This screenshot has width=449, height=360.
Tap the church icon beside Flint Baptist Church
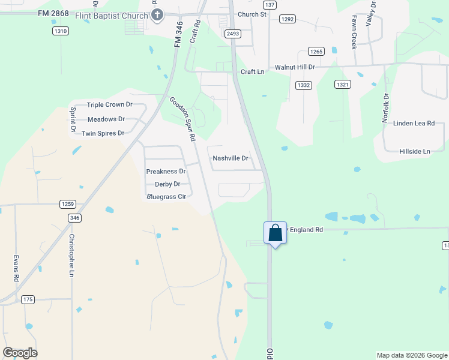coord(157,15)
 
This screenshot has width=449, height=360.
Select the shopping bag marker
coord(275,233)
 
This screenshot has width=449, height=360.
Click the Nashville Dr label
coord(231,158)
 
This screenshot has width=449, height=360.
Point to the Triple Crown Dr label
coord(109,105)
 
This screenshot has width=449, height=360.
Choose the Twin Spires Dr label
coord(103,133)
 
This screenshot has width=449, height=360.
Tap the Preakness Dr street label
coord(166,172)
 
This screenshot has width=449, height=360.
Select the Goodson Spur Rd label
coord(183,119)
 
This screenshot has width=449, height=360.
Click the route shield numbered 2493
coord(233,34)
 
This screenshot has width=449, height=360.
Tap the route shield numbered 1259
coord(68,204)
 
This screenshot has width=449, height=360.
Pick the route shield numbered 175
coord(28,299)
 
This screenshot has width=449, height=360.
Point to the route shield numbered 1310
coord(60,31)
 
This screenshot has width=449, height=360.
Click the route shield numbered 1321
coord(343,85)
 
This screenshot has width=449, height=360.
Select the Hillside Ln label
coord(415,151)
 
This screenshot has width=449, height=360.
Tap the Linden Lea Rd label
coord(414,123)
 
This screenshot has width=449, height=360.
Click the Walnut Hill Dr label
coord(295,67)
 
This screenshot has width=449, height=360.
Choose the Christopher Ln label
coord(71,255)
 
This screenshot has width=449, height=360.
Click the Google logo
coord(20,353)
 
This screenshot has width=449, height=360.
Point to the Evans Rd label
coord(17,269)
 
